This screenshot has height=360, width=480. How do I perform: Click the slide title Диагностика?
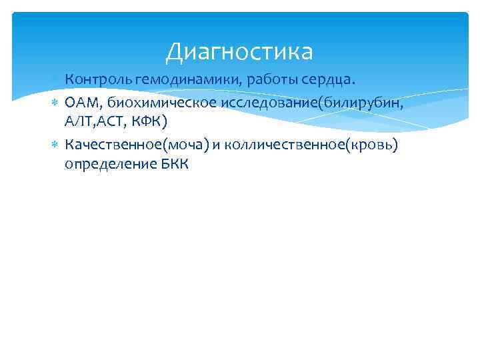tap(239, 51)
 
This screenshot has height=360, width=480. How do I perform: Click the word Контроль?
tap(98, 80)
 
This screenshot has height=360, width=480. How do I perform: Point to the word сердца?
tap(329, 81)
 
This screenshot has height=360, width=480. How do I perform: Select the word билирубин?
tap(361, 101)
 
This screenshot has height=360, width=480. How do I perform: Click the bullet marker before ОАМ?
tap(55, 102)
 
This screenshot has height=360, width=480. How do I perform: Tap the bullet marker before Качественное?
tap(55, 145)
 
